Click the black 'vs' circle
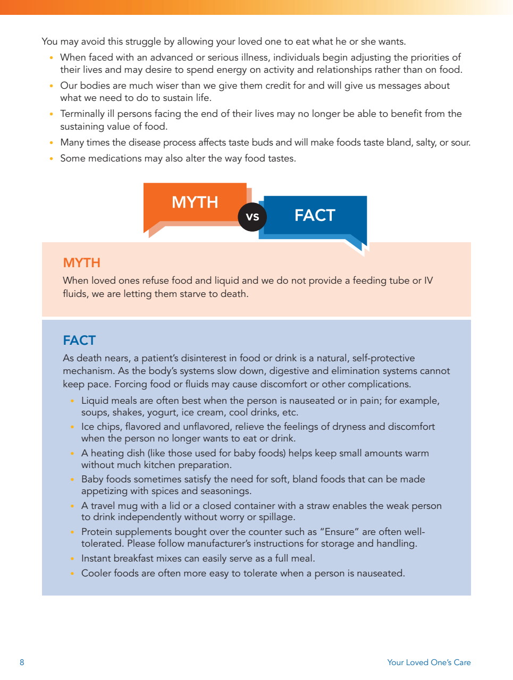[x=252, y=217]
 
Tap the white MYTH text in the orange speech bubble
[x=195, y=202]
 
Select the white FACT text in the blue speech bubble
[x=315, y=215]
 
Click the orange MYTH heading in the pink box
[x=81, y=263]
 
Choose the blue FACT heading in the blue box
[x=79, y=341]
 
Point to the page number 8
[x=22, y=662]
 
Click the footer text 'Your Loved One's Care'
[x=428, y=662]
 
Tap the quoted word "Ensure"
[x=339, y=532]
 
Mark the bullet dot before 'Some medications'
[x=51, y=158]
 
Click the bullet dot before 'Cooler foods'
[x=72, y=574]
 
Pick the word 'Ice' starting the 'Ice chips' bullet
[x=88, y=427]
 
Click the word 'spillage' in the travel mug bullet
[x=276, y=517]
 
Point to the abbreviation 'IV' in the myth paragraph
[x=428, y=280]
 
